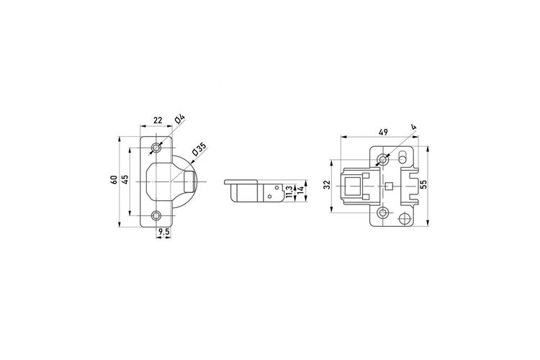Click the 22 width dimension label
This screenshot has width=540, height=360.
click(x=158, y=120)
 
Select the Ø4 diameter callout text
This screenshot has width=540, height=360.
click(x=180, y=120)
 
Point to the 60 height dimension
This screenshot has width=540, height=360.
click(x=114, y=179)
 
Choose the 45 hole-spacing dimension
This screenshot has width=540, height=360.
click(x=126, y=179)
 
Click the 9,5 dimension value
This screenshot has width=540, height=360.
click(x=163, y=232)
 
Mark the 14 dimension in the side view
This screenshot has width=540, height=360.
click(x=300, y=190)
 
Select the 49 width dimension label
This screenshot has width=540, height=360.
click(x=383, y=132)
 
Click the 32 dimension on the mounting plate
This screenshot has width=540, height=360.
click(x=328, y=184)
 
